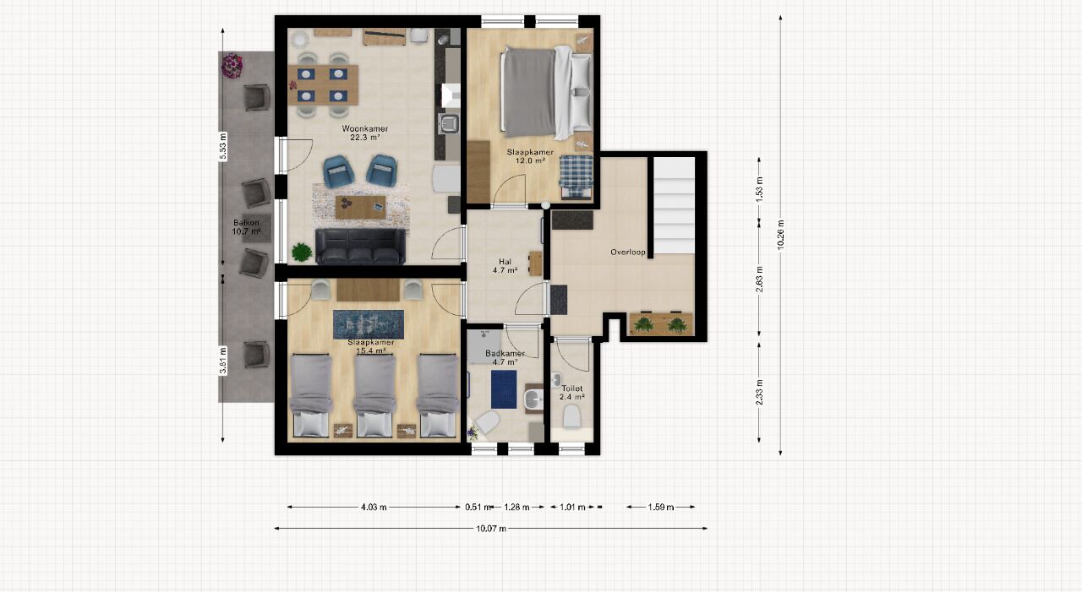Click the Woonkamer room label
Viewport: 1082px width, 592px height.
coord(364,129)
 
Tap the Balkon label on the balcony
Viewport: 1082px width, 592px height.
coord(246,223)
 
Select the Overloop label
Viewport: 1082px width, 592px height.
coord(628,252)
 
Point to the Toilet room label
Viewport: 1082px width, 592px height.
coord(572,388)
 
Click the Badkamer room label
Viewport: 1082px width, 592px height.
coord(505,354)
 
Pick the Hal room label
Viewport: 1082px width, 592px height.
coord(505,262)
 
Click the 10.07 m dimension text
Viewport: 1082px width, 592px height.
coord(491,529)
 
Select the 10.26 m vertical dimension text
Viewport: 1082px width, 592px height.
coord(780,235)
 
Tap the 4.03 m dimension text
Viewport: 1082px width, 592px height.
coord(374,507)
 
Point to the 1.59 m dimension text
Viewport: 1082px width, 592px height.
coord(661,507)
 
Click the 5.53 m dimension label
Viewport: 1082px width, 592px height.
coord(222,146)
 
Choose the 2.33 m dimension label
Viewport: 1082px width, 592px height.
coord(759,393)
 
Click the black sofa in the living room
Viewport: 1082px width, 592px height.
coord(360,247)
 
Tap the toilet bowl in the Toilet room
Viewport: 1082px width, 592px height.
coord(572,416)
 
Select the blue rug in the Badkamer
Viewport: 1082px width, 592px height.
coord(504,389)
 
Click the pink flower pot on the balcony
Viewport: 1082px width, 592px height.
coord(232,66)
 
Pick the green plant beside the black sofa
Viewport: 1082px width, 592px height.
coord(302,253)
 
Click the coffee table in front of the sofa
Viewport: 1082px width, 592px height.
coord(360,207)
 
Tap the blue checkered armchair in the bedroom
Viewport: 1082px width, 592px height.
coord(577,177)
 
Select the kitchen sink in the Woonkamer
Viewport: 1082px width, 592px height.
coord(450,123)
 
